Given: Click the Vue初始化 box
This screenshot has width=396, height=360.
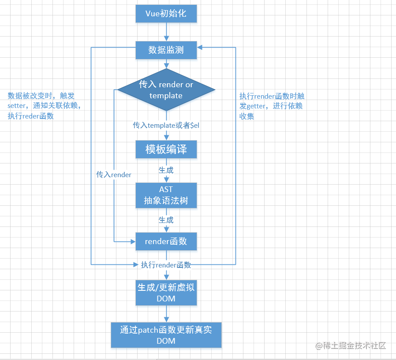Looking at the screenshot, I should [x=166, y=14].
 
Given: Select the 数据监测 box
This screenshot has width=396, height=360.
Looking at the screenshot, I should [x=166, y=50].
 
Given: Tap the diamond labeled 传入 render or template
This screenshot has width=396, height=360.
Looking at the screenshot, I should [x=166, y=90].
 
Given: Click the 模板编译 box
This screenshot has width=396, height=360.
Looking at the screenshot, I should [x=166, y=150].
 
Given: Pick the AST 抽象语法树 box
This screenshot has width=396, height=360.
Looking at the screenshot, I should [x=166, y=195].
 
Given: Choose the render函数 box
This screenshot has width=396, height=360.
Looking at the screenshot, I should [x=166, y=241].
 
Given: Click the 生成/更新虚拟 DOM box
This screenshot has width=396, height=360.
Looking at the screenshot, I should [x=166, y=293].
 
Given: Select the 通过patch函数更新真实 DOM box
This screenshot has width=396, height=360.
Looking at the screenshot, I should [x=166, y=335].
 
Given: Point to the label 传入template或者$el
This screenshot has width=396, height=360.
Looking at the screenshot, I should [x=166, y=125].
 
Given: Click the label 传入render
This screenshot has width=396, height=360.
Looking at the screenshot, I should [x=114, y=174].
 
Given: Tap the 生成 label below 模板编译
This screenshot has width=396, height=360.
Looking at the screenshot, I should [x=166, y=170].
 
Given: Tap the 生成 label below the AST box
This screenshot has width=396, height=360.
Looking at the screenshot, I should [x=166, y=219].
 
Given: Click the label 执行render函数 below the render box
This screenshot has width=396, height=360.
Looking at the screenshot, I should [x=166, y=265].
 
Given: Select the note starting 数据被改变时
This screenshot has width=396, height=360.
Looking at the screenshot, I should [x=44, y=106].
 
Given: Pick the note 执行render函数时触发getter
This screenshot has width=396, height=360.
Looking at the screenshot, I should [x=272, y=106].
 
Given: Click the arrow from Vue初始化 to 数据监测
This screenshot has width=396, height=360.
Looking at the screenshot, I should [x=166, y=32].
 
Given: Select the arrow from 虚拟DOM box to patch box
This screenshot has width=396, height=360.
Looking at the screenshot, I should [x=166, y=314].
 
